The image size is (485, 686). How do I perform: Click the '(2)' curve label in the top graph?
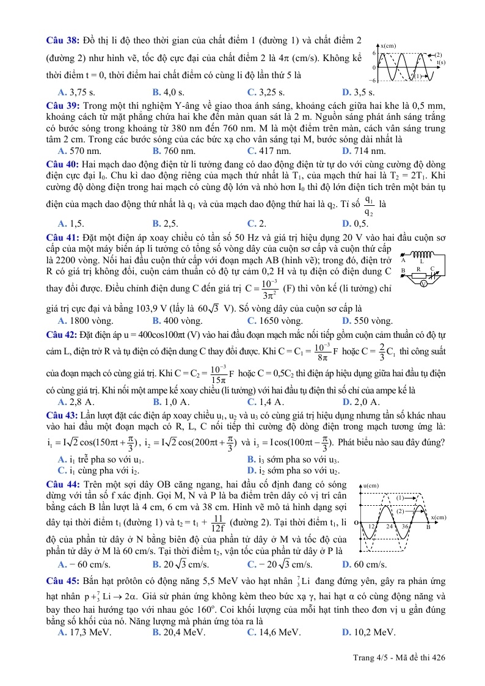[438, 54]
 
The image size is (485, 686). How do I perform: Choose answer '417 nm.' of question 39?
[264, 151]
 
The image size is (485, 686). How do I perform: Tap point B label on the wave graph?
[428, 527]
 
